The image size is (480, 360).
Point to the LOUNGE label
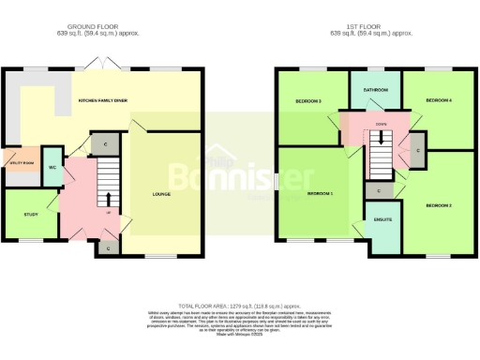point(162,195)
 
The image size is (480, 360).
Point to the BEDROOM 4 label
point(438,99)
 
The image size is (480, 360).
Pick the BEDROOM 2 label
point(439,204)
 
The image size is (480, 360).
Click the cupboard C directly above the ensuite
point(379,189)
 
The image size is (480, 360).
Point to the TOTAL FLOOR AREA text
point(240,306)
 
